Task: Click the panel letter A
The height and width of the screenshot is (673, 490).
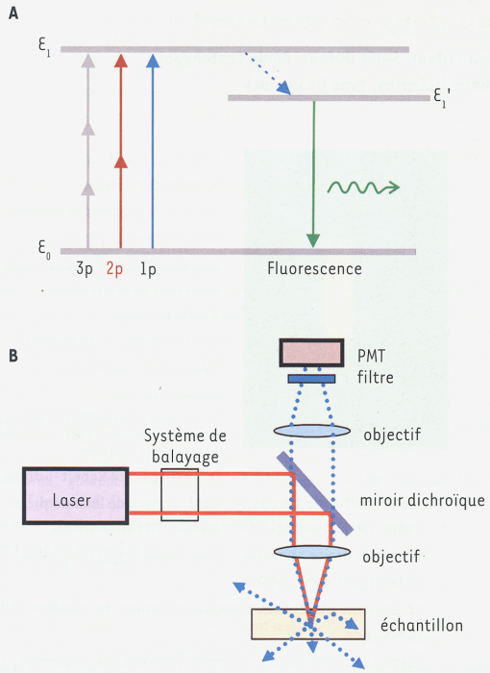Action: point(13,13)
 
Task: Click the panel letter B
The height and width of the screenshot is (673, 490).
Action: point(13,356)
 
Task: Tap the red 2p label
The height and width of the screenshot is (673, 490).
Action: point(114,269)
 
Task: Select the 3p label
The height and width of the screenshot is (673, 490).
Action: point(85,269)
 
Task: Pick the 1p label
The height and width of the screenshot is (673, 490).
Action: point(148,269)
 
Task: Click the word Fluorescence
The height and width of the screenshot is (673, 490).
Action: point(314,268)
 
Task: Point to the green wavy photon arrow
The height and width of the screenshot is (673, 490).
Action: point(363,187)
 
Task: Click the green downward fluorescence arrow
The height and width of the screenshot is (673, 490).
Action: point(313,174)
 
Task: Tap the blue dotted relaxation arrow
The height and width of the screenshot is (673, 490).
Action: point(268,73)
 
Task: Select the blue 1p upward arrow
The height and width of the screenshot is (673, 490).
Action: point(153,151)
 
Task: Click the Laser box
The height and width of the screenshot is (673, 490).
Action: point(76,496)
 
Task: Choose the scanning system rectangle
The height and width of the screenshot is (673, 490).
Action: point(180,495)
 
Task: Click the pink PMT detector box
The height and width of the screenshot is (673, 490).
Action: point(312,353)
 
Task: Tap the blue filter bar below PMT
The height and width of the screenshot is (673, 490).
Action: point(311,379)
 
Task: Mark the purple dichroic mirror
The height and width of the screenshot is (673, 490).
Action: point(315,493)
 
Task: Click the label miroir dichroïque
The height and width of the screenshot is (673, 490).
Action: point(422,500)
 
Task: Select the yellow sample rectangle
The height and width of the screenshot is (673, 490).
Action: point(308,624)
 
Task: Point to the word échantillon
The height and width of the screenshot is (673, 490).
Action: point(422,625)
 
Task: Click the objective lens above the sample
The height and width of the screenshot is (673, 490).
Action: point(312,551)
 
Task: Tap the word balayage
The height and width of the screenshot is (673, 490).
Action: point(185,457)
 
